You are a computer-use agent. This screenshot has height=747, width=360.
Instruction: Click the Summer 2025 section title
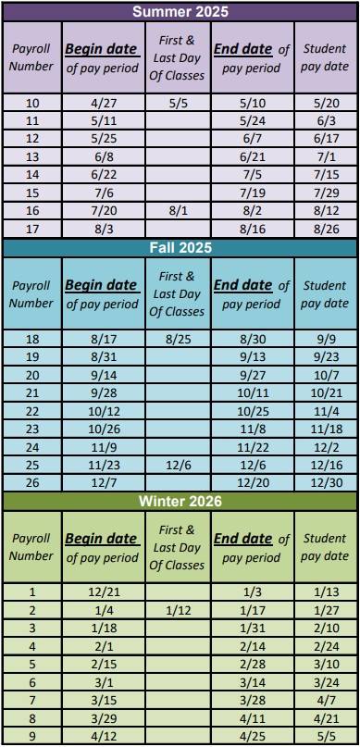(180, 13)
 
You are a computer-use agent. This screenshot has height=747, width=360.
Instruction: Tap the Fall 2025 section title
(180, 248)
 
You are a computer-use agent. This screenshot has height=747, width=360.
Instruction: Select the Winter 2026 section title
(180, 502)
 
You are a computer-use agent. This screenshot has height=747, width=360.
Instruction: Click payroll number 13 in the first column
(31, 156)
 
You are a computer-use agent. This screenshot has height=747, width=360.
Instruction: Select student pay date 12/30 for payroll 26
(324, 481)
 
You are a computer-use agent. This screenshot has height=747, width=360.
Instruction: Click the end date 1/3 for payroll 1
(252, 592)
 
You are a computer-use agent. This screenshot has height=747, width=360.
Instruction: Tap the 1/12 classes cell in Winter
(177, 610)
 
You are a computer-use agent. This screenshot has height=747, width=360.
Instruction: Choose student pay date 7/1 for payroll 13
(324, 156)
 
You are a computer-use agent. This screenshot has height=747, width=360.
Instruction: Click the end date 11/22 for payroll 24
(252, 446)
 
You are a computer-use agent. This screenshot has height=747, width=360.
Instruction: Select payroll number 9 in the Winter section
(31, 737)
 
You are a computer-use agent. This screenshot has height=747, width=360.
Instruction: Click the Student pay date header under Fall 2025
(324, 294)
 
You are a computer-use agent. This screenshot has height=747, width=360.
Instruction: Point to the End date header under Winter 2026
(252, 548)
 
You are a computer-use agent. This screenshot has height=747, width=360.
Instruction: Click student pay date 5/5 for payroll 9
(324, 737)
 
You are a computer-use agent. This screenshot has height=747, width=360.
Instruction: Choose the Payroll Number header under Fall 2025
(31, 294)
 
